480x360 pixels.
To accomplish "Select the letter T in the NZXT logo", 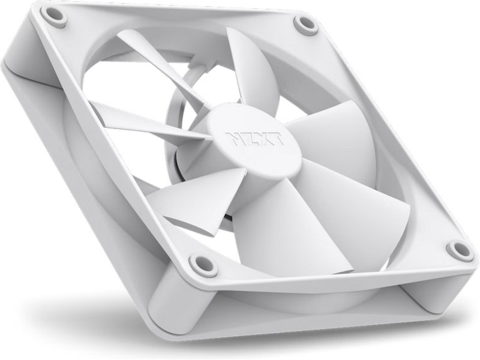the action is (277, 139).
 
